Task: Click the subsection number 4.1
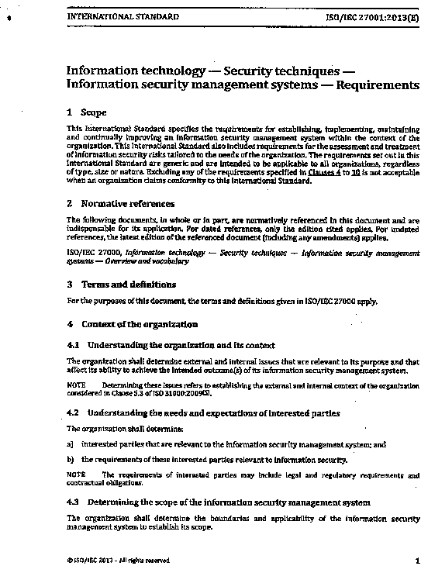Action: (x=74, y=344)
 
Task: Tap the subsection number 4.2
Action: (x=74, y=413)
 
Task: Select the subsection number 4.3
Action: (x=74, y=502)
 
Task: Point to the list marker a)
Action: (x=70, y=444)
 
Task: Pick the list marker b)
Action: (x=70, y=460)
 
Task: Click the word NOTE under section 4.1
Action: (x=75, y=385)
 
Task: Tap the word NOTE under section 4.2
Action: (x=75, y=473)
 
